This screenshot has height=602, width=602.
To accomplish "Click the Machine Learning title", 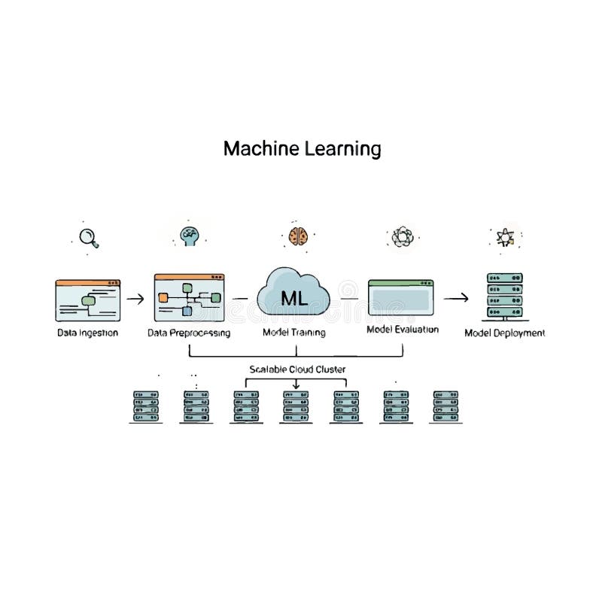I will (x=302, y=148).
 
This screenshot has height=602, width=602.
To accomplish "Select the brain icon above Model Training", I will (x=298, y=236).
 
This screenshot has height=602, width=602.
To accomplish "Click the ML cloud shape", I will (x=294, y=297).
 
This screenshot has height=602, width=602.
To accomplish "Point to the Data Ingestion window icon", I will (x=88, y=300).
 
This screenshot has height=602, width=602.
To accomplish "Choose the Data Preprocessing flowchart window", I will (x=190, y=298).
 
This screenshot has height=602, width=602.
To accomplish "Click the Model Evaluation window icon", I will (x=401, y=298).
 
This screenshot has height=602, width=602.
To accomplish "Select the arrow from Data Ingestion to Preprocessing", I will (x=135, y=299).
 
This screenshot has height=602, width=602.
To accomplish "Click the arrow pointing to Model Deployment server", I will (x=456, y=298).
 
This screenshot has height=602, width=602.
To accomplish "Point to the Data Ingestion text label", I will (x=88, y=333).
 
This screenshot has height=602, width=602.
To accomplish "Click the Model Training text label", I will (x=294, y=333).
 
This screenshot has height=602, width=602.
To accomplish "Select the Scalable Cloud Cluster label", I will (x=297, y=369).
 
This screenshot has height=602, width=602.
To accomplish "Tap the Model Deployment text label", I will (x=505, y=333).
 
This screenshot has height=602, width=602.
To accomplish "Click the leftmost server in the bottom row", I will (x=146, y=406).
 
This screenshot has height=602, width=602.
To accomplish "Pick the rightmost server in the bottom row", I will (x=445, y=406).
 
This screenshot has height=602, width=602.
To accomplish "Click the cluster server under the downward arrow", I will (x=296, y=406).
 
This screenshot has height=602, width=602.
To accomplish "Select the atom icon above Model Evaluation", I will (x=400, y=238).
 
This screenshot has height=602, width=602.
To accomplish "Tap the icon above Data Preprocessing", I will (x=190, y=236).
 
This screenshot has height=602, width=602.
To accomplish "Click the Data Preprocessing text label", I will (x=189, y=333).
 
